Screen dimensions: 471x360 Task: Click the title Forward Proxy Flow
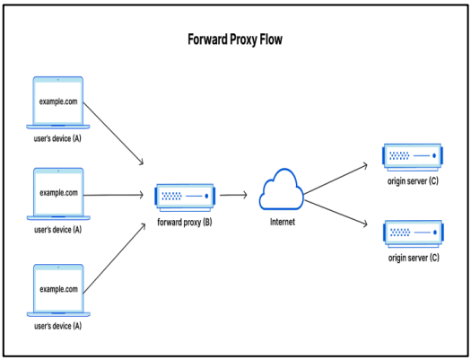click(x=235, y=40)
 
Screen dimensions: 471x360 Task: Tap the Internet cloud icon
click(x=281, y=189)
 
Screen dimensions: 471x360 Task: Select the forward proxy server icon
click(x=185, y=198)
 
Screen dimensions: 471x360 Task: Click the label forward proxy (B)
click(x=185, y=223)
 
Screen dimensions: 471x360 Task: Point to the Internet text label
click(x=283, y=222)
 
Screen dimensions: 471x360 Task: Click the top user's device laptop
click(x=58, y=102)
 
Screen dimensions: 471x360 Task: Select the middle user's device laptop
click(x=58, y=194)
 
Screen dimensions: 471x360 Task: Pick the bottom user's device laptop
click(x=58, y=290)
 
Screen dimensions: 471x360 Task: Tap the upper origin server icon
click(x=413, y=157)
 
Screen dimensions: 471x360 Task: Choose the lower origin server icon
click(x=414, y=233)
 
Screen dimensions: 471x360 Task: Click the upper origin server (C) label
click(x=413, y=181)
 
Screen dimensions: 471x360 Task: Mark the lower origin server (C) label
click(x=414, y=258)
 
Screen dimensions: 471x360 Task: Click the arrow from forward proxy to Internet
click(x=233, y=195)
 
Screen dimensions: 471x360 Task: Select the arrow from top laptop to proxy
click(x=113, y=134)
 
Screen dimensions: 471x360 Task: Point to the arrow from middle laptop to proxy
click(x=114, y=195)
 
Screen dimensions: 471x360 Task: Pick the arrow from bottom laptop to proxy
click(x=114, y=259)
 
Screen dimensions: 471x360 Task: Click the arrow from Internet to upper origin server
click(x=336, y=180)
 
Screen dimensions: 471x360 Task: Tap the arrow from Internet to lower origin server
click(x=336, y=212)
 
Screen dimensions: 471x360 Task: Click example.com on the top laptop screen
click(x=58, y=101)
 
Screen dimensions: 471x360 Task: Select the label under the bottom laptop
click(x=58, y=326)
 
